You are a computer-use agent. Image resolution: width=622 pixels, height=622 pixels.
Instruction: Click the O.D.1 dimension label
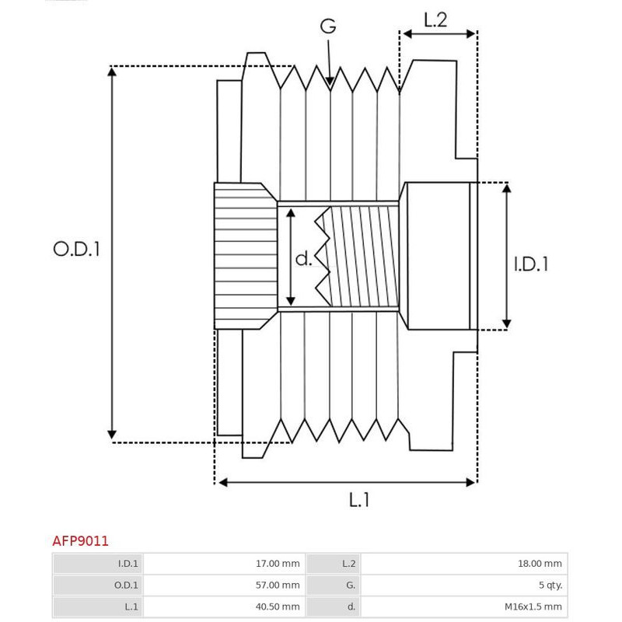point(77,250)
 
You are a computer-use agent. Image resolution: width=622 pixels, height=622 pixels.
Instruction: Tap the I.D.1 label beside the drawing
point(532,264)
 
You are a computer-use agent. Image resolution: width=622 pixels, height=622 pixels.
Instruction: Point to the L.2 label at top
point(435,20)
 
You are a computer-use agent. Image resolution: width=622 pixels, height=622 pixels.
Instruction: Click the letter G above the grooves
point(328,26)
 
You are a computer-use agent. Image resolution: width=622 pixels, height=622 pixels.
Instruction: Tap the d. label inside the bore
point(304,258)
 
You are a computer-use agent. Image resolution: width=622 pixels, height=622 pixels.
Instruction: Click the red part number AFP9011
point(80,540)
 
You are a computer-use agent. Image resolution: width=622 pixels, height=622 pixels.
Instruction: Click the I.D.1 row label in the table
point(128,564)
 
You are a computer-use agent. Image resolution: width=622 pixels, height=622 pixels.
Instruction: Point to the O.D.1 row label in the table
point(126,585)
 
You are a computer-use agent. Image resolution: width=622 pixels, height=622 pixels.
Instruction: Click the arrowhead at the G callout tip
point(330,80)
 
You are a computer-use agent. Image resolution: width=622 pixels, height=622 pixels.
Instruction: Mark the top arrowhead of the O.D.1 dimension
point(113,72)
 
